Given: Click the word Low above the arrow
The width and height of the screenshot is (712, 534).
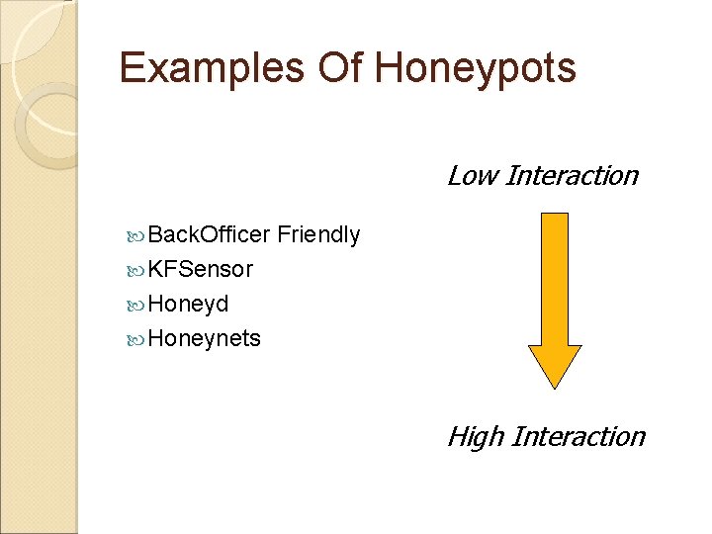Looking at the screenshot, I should click(x=471, y=176).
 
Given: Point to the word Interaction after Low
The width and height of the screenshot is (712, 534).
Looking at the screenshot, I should click(x=572, y=176).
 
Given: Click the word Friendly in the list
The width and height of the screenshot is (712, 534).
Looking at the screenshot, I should click(x=318, y=235).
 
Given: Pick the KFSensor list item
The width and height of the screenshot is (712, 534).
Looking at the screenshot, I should click(x=200, y=269).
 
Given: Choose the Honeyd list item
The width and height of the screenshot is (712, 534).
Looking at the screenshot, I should click(x=188, y=304).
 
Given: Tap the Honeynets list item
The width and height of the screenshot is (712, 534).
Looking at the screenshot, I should click(x=204, y=338).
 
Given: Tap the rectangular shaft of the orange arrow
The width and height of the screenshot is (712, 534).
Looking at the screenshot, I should click(x=556, y=277).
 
